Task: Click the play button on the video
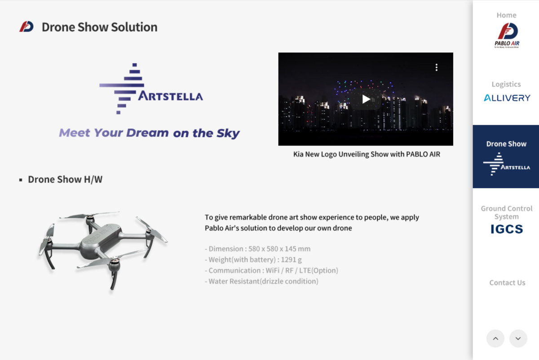click(x=366, y=99)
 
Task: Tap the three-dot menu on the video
click(x=437, y=67)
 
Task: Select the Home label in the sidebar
click(x=507, y=15)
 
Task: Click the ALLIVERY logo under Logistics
click(x=507, y=98)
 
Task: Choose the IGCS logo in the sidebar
click(x=507, y=229)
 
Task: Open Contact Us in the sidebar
click(x=507, y=282)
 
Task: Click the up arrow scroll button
click(x=495, y=338)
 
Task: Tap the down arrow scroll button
click(x=518, y=338)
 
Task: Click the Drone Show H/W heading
click(x=65, y=180)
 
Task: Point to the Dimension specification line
click(x=258, y=249)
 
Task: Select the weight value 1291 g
click(x=291, y=260)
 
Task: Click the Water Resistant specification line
click(x=261, y=281)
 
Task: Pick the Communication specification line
click(x=271, y=271)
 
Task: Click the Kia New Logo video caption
click(x=367, y=154)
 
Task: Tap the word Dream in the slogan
click(x=147, y=133)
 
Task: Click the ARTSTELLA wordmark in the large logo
click(x=170, y=96)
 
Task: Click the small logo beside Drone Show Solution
click(x=27, y=26)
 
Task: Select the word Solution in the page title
click(x=134, y=27)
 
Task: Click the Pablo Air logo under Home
click(x=507, y=35)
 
